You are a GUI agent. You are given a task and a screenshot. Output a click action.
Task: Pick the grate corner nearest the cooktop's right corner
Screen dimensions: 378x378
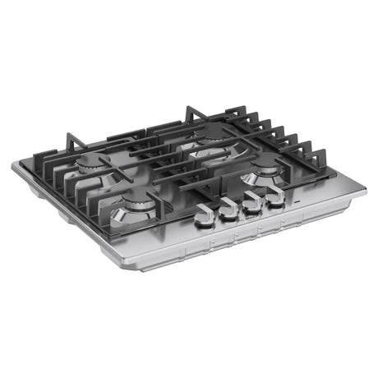(x=329, y=174)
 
